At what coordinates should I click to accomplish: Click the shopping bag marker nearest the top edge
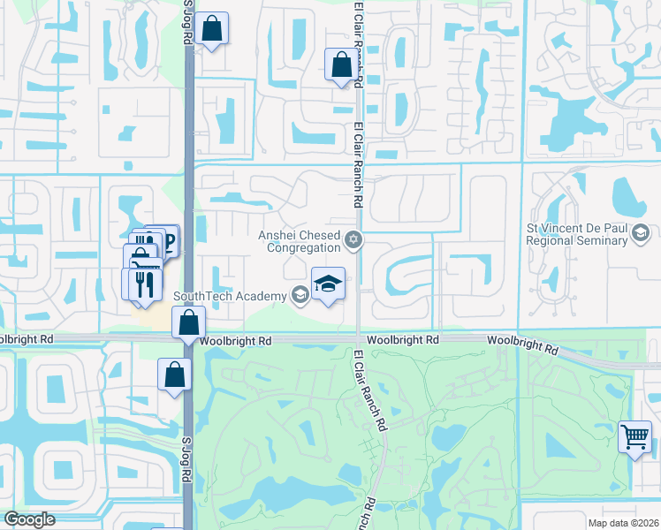213,28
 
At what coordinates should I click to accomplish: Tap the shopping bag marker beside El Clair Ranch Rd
341,64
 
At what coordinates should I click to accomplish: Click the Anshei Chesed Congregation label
299,241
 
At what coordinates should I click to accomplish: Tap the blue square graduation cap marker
328,284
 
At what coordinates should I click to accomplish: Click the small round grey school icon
300,295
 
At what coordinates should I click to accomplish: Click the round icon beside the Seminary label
642,233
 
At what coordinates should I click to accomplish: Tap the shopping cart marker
634,436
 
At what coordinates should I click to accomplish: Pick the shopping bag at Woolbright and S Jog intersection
188,323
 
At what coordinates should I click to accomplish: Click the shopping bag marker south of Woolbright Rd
175,375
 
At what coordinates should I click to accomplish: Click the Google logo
29,519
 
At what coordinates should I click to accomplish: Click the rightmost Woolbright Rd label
524,344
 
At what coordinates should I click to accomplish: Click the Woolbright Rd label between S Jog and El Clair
235,340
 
